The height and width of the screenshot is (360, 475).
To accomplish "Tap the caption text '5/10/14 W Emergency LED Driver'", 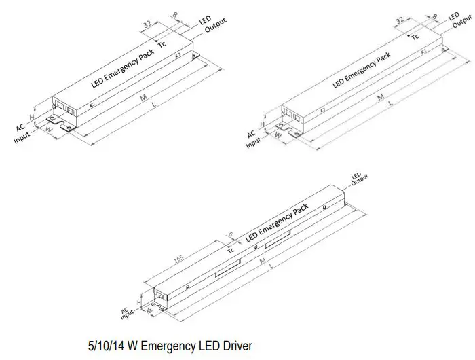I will pos(170,346).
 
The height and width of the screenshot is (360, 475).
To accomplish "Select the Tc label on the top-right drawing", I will pos(415,37).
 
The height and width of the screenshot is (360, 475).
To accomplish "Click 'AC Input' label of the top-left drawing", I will pos(22,132).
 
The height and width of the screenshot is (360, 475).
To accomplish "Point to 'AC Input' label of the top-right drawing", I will pos(252,138).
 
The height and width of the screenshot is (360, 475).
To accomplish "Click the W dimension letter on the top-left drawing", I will pos(48,127).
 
